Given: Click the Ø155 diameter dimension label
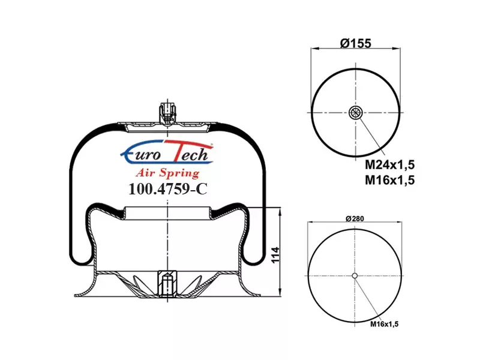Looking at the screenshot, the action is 355,43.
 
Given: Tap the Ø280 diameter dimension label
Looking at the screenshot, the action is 355,218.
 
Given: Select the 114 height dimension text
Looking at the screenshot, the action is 275,254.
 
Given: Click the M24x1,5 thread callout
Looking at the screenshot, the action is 389,165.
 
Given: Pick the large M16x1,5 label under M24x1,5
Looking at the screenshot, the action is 389,180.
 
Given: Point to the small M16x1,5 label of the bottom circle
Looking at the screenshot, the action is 385,324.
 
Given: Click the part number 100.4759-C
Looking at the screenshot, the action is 168,189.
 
